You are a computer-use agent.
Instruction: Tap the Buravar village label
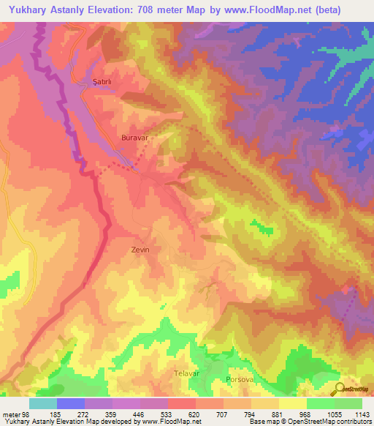pos(134,137)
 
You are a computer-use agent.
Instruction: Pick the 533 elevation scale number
pos(167,414)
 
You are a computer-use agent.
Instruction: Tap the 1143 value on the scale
pos(362,414)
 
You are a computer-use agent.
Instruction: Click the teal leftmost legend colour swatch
pos(43,403)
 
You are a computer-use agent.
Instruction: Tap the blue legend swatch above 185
pos(71,403)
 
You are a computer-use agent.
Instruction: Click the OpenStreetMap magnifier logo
pos(340,389)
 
